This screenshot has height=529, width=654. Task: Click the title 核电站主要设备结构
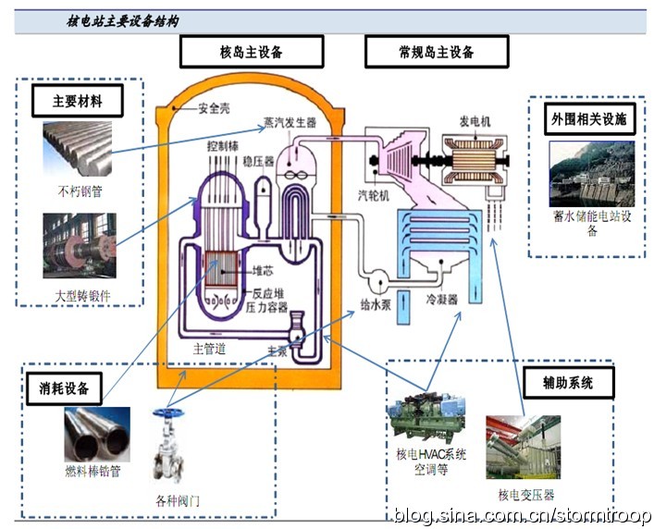point(123,19)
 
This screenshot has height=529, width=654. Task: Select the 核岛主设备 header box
point(251,52)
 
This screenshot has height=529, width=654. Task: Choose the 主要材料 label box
point(78,101)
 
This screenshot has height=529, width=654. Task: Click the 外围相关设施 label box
point(589,118)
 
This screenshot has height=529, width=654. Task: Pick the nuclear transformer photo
point(523,448)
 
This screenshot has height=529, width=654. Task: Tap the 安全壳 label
point(214,107)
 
